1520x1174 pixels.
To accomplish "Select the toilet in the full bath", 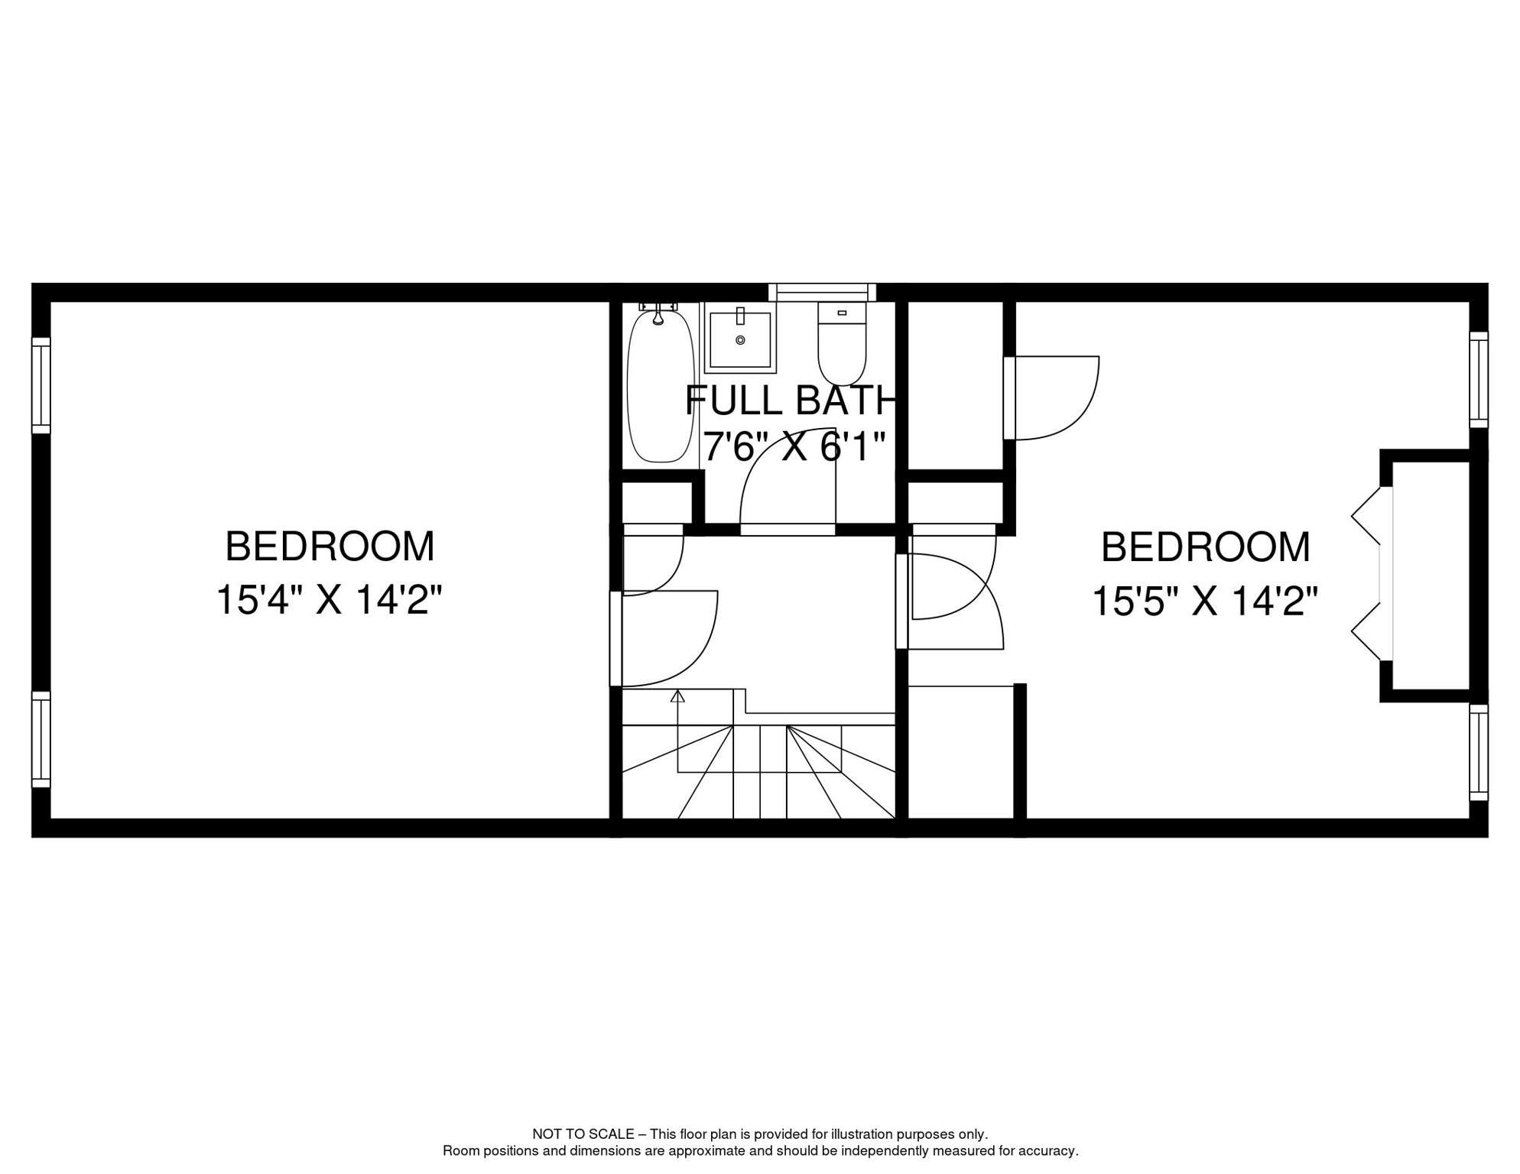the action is [842, 343].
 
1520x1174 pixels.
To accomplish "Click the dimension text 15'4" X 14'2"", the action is [330, 600].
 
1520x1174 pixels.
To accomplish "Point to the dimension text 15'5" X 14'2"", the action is [1205, 602].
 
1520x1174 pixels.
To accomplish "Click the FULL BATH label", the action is [790, 401].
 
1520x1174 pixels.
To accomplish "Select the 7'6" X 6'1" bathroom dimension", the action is [794, 446].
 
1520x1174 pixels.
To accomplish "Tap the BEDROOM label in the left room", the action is [330, 546].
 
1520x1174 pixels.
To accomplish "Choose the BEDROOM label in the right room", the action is [1206, 547].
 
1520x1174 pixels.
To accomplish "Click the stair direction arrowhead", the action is [677, 696].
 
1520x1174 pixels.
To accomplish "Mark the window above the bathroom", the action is [822, 292].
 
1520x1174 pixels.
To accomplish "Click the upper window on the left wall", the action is [41, 385].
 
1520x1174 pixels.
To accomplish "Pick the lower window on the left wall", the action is [41, 739].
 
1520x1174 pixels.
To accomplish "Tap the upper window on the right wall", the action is [1479, 380].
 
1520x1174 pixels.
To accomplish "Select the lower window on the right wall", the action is [1479, 753].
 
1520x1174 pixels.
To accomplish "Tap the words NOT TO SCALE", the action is [583, 1133].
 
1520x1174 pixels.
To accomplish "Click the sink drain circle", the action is [740, 340].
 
